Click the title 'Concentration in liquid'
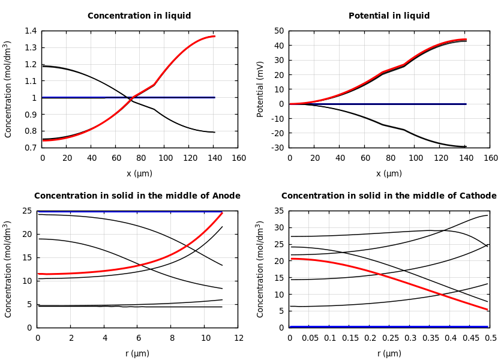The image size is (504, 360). click(x=139, y=16)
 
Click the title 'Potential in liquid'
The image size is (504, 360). click(x=389, y=16)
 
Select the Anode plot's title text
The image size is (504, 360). click(x=137, y=196)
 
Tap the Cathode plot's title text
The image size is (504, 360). click(x=389, y=196)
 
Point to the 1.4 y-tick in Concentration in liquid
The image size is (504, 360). click(x=30, y=31)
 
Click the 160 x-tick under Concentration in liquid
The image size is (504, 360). click(x=238, y=158)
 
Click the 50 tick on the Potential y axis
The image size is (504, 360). click(x=279, y=31)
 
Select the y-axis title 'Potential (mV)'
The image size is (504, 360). click(x=260, y=89)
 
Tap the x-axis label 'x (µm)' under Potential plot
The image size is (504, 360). click(x=389, y=174)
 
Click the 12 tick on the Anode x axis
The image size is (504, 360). click(x=238, y=338)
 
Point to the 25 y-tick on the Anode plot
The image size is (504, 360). click(x=27, y=211)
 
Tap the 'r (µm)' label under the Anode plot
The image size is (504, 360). click(x=137, y=354)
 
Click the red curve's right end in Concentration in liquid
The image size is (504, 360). click(x=214, y=37)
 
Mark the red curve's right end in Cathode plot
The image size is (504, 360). click(x=487, y=310)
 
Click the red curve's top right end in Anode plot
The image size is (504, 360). click(x=222, y=213)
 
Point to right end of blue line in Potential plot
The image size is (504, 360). click(x=466, y=104)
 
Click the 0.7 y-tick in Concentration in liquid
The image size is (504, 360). click(x=30, y=148)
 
